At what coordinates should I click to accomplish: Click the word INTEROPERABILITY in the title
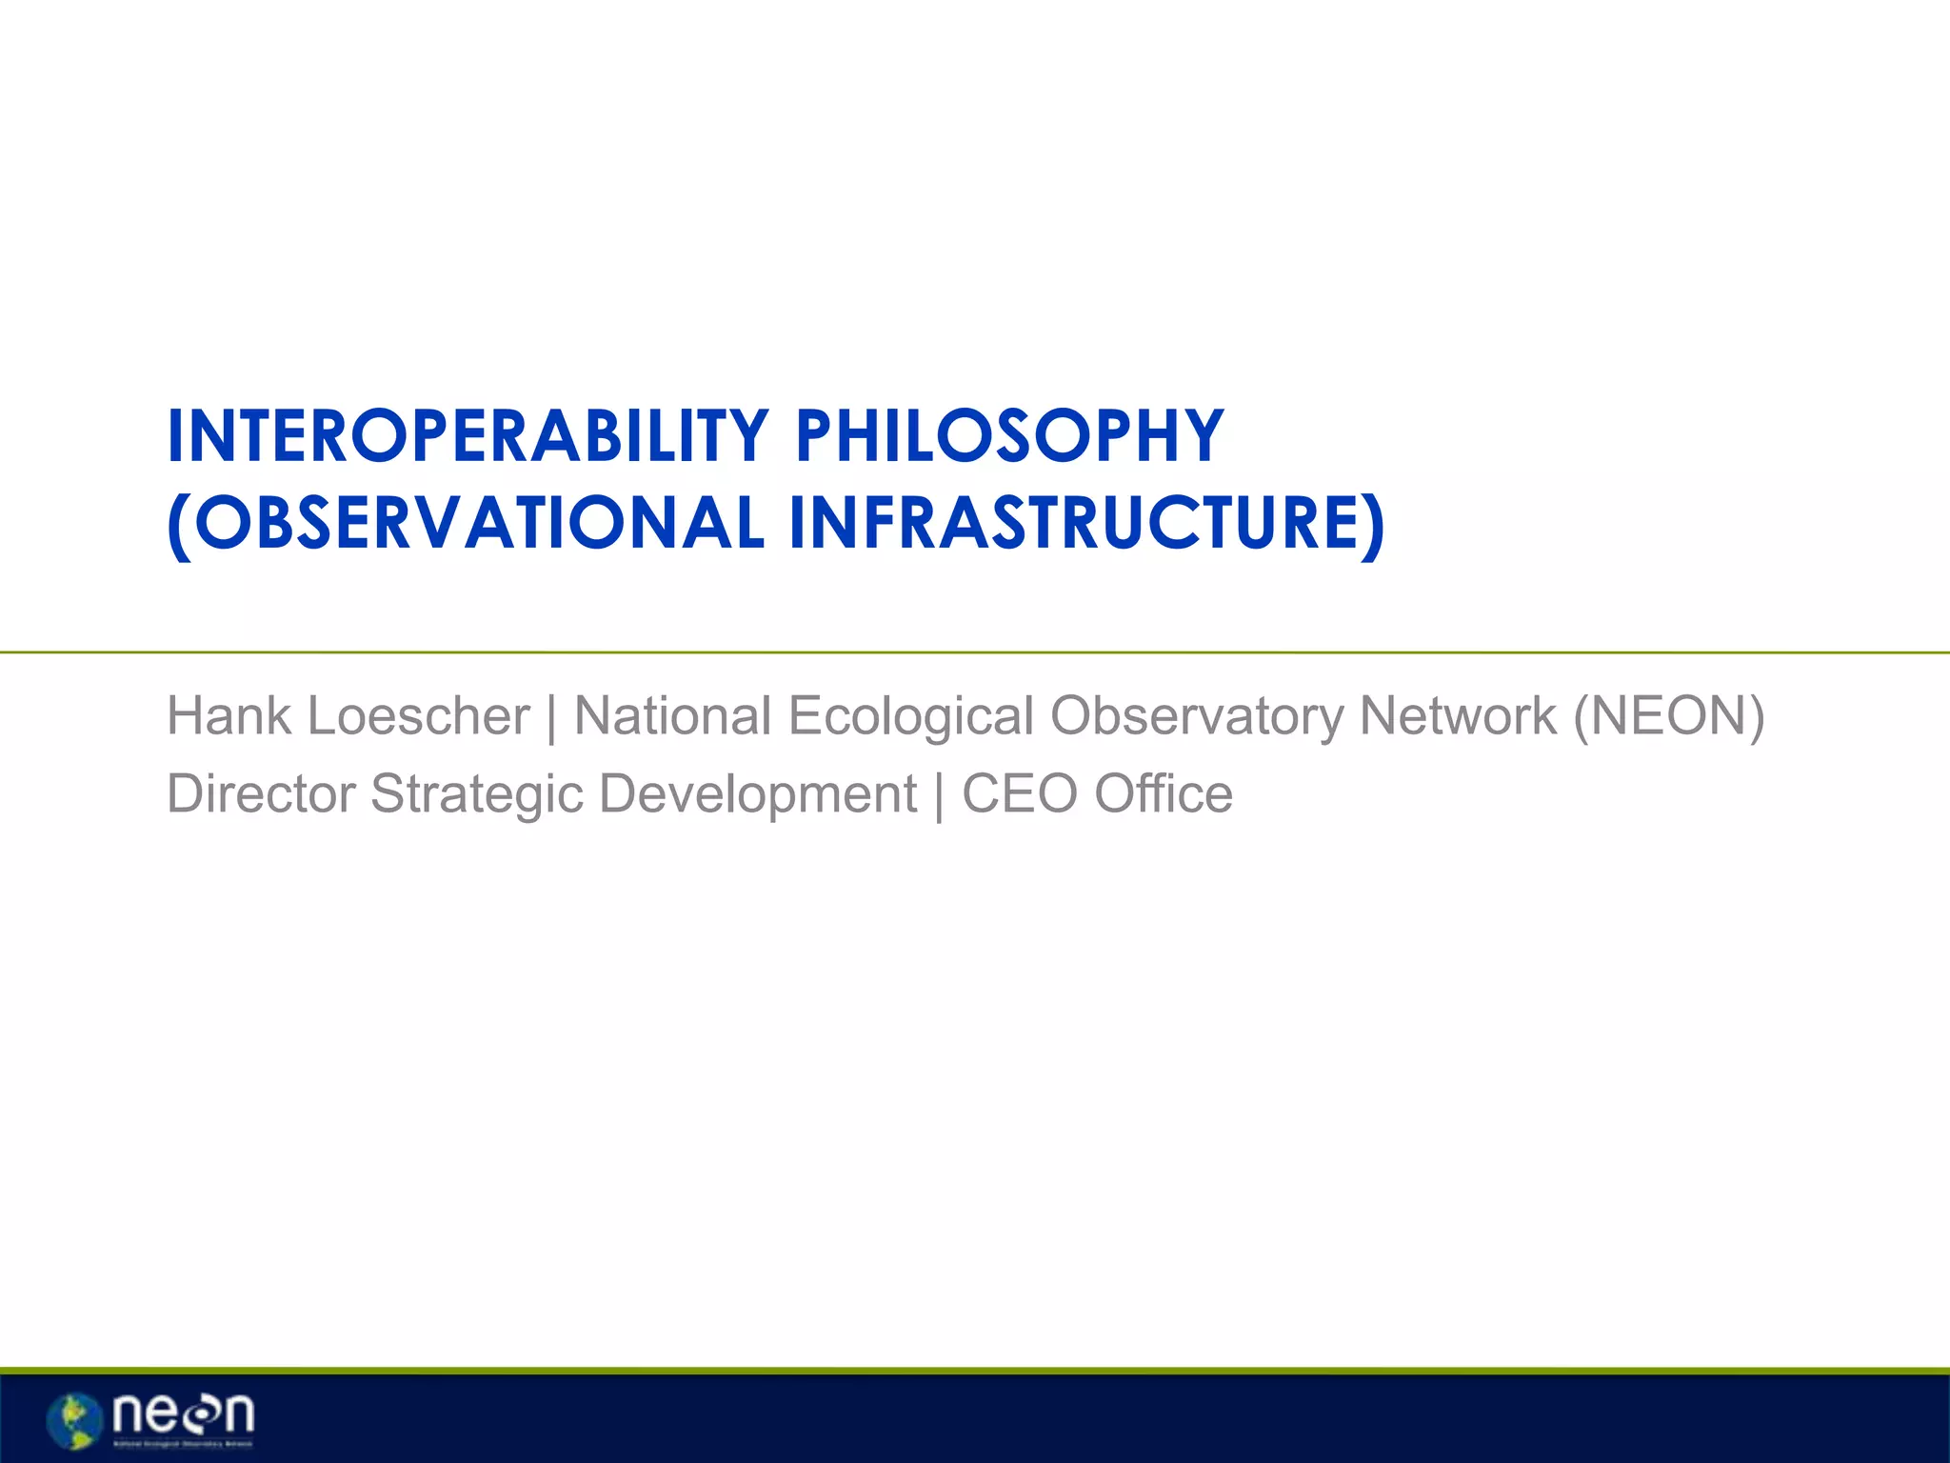pos(468,436)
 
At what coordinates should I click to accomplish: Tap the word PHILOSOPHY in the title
pos(1009,436)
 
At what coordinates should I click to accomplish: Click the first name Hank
pos(229,716)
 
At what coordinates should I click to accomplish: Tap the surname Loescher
pos(418,716)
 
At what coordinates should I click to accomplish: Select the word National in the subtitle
pos(672,716)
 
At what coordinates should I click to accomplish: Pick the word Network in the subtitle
pos(1458,716)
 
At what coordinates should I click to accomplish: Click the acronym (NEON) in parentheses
pos(1669,716)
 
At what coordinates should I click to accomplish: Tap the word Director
pos(261,794)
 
